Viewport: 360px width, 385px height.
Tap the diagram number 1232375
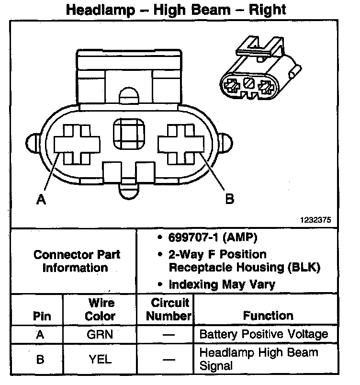tap(315, 221)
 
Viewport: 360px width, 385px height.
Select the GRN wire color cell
tap(100, 334)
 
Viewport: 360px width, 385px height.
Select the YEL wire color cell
tap(100, 359)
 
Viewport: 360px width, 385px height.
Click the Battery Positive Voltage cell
tap(263, 334)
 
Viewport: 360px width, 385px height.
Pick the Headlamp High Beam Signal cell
tap(259, 359)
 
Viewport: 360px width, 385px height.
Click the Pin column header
tap(42, 316)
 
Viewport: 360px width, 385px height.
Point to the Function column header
tap(268, 316)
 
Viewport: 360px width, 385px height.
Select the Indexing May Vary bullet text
tap(222, 284)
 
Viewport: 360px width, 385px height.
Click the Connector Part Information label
tap(77, 261)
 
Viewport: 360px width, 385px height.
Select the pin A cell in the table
tap(40, 334)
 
